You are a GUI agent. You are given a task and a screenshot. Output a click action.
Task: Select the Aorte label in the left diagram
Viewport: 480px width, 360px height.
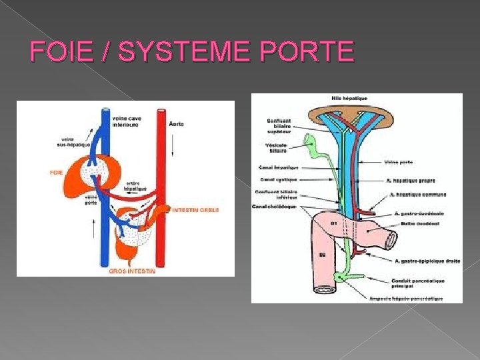click(177, 124)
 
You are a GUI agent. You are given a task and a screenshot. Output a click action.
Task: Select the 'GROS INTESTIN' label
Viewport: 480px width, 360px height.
click(132, 271)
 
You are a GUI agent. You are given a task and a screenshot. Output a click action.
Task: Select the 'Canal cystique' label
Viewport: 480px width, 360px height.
click(278, 179)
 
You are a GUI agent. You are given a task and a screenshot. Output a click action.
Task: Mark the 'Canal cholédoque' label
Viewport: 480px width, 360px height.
click(274, 207)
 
